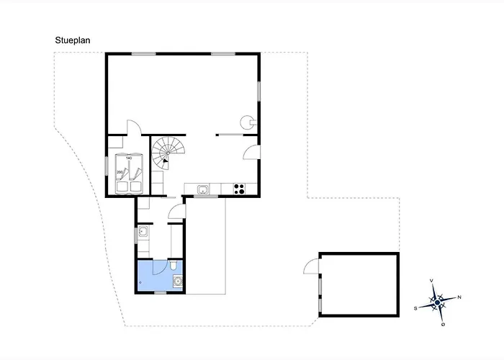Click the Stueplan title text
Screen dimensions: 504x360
coord(73,40)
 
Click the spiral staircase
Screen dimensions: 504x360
coord(168,153)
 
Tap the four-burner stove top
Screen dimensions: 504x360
coord(239,189)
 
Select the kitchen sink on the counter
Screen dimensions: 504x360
coord(203,189)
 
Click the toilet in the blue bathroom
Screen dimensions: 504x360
coord(174,265)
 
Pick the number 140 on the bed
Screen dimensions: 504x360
coord(129,158)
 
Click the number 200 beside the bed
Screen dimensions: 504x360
coord(120,172)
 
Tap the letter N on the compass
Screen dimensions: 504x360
coord(459,297)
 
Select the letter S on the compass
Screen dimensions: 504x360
coord(415,309)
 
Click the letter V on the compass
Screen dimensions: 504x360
coord(431,281)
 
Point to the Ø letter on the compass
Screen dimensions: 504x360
coord(444,324)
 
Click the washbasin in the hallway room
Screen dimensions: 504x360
coord(143,231)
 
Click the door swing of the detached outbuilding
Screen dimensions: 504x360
coord(311,266)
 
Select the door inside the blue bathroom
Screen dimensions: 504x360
coord(160,268)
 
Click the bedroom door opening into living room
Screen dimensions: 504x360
coord(134,127)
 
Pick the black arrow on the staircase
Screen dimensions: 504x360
coord(165,161)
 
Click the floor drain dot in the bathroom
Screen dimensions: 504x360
coord(140,282)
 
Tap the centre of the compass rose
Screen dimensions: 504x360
coord(437,302)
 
